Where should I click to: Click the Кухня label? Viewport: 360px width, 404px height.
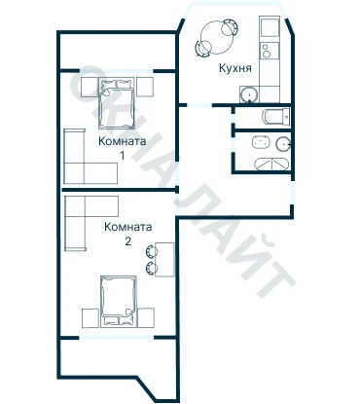click(235, 69)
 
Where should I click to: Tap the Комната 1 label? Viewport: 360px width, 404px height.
click(122, 148)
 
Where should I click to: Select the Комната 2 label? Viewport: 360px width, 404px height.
click(128, 234)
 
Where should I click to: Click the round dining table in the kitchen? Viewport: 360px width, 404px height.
click(217, 37)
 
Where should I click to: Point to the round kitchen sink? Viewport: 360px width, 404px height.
click(250, 94)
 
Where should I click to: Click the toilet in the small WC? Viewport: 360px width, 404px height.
click(275, 117)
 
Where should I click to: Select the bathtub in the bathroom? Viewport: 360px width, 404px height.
click(271, 164)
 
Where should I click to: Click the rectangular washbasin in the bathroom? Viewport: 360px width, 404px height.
click(261, 142)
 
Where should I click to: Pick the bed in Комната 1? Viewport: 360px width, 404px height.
click(117, 103)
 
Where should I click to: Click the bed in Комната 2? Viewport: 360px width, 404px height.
click(119, 302)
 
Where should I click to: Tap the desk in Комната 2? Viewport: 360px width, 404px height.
click(164, 260)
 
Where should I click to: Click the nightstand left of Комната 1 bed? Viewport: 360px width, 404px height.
click(90, 87)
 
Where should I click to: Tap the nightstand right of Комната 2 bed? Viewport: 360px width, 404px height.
click(146, 317)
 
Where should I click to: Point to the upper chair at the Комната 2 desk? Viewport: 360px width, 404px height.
click(151, 250)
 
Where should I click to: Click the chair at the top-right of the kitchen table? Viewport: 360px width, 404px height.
click(230, 27)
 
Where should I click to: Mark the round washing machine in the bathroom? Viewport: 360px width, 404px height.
click(283, 144)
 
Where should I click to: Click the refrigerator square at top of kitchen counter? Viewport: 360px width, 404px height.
click(270, 28)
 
